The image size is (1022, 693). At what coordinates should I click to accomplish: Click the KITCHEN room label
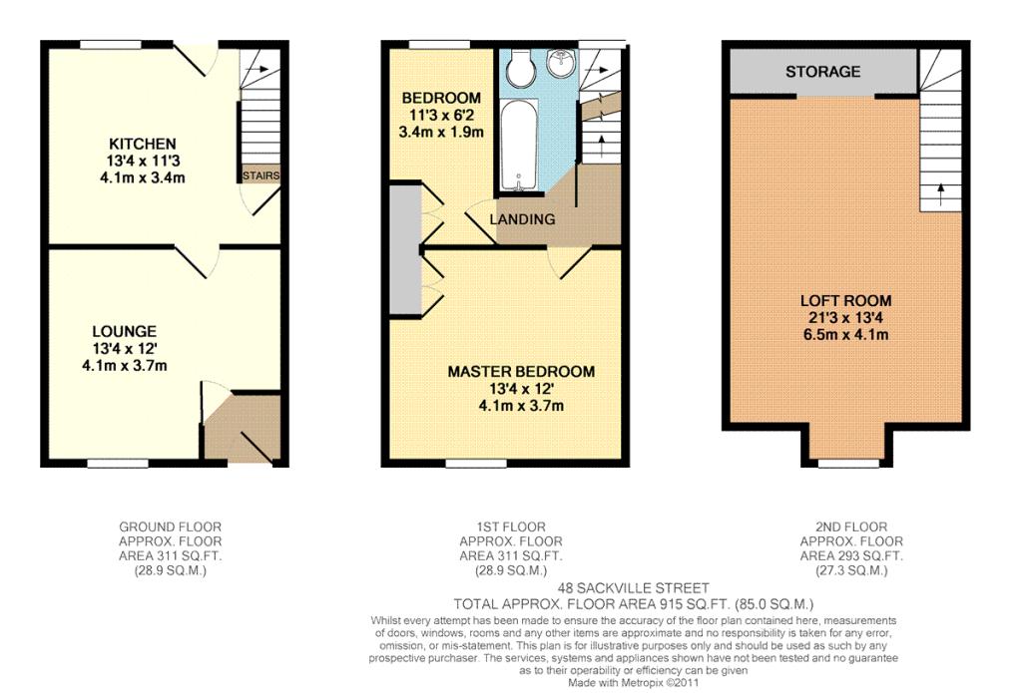click(x=142, y=144)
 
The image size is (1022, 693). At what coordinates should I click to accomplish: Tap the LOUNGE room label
click(x=125, y=331)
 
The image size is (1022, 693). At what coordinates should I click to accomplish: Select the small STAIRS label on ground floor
click(x=260, y=175)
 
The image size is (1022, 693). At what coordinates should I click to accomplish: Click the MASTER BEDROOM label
click(x=521, y=372)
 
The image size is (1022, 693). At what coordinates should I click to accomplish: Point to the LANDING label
click(x=522, y=219)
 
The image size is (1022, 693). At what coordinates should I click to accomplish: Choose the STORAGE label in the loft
click(x=822, y=72)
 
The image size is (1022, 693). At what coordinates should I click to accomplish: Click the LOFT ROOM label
click(x=846, y=301)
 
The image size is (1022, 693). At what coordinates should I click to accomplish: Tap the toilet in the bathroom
click(x=519, y=69)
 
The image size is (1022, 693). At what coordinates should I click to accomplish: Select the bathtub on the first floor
click(x=519, y=146)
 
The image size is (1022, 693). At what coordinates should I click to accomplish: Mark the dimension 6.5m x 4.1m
click(x=846, y=335)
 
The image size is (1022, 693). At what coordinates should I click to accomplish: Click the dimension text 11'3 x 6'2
click(x=440, y=116)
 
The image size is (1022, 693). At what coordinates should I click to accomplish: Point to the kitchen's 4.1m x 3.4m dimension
click(x=142, y=177)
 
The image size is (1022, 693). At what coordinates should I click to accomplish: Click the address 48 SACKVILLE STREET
click(x=634, y=588)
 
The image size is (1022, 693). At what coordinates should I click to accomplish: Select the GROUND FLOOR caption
click(x=170, y=526)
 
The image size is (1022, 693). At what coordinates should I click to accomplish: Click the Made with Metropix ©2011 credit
click(x=633, y=683)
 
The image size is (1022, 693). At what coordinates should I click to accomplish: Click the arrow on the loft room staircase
click(x=940, y=194)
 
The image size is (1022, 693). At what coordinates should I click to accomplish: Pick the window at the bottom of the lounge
click(x=118, y=464)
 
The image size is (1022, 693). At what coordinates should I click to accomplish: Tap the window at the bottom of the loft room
click(x=848, y=464)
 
